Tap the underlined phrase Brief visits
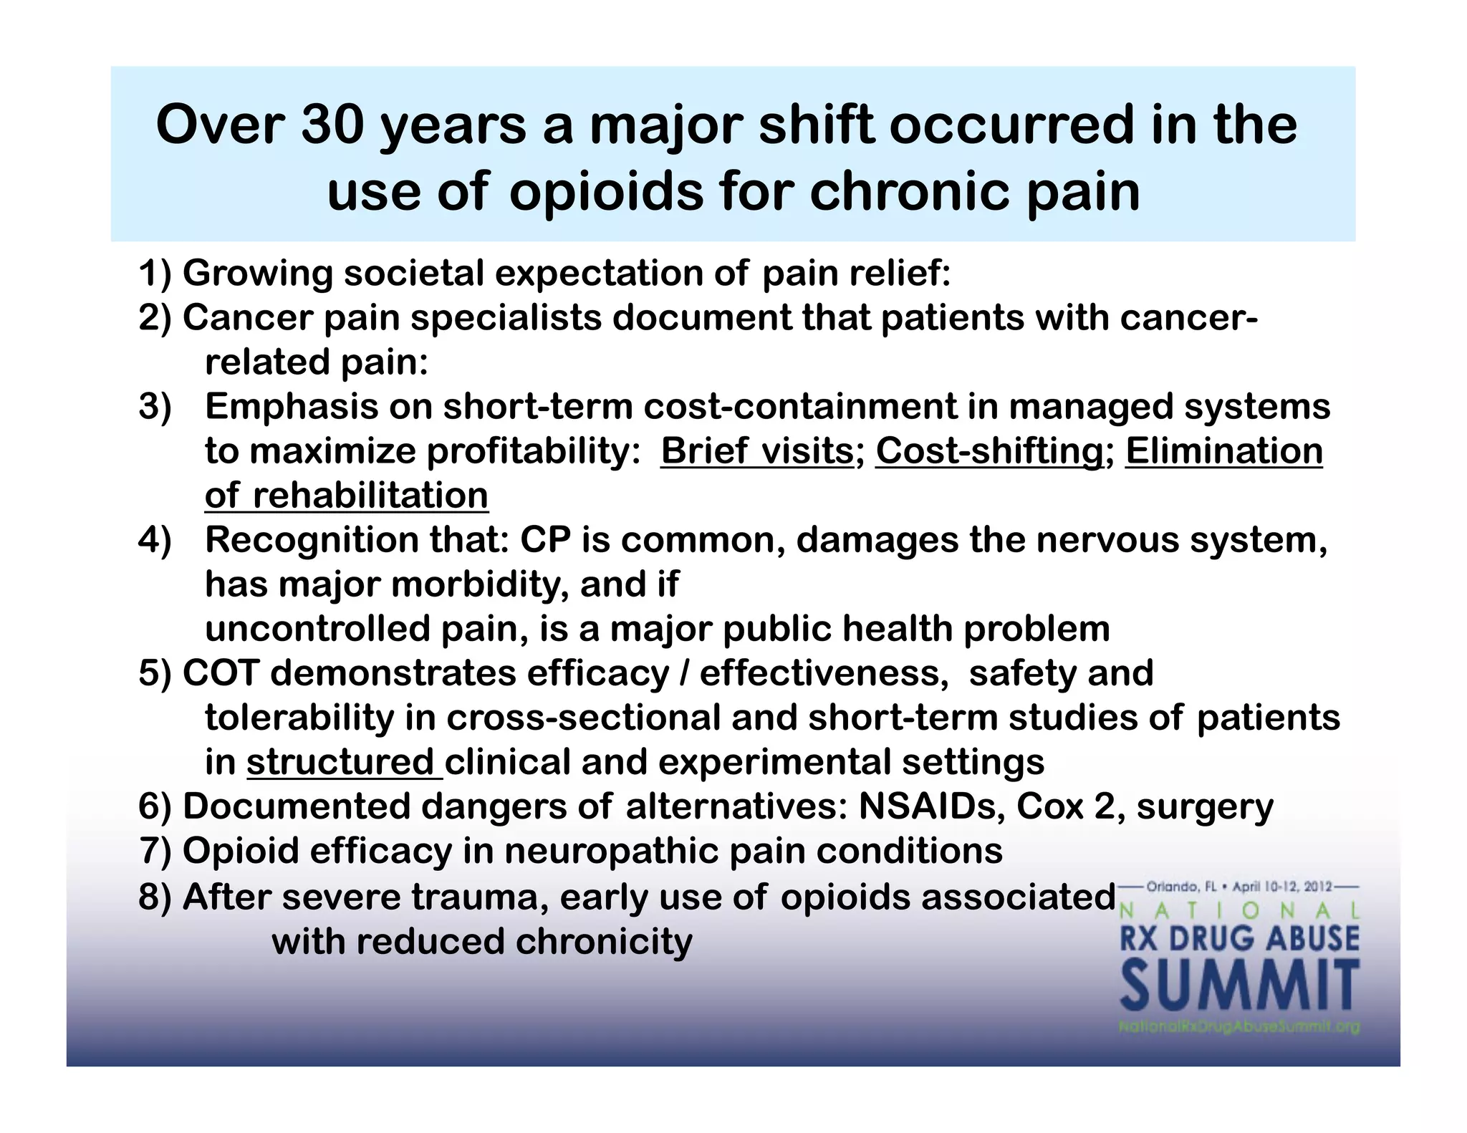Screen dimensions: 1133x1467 click(x=756, y=451)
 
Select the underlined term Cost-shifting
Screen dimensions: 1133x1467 click(x=989, y=451)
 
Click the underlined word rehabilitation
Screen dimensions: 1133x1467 click(x=370, y=496)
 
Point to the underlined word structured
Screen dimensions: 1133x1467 click(x=340, y=762)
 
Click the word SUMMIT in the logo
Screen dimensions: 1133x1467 click(x=1239, y=986)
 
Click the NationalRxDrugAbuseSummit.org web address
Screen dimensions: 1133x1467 click(x=1238, y=1027)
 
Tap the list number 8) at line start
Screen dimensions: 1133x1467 click(x=155, y=897)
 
